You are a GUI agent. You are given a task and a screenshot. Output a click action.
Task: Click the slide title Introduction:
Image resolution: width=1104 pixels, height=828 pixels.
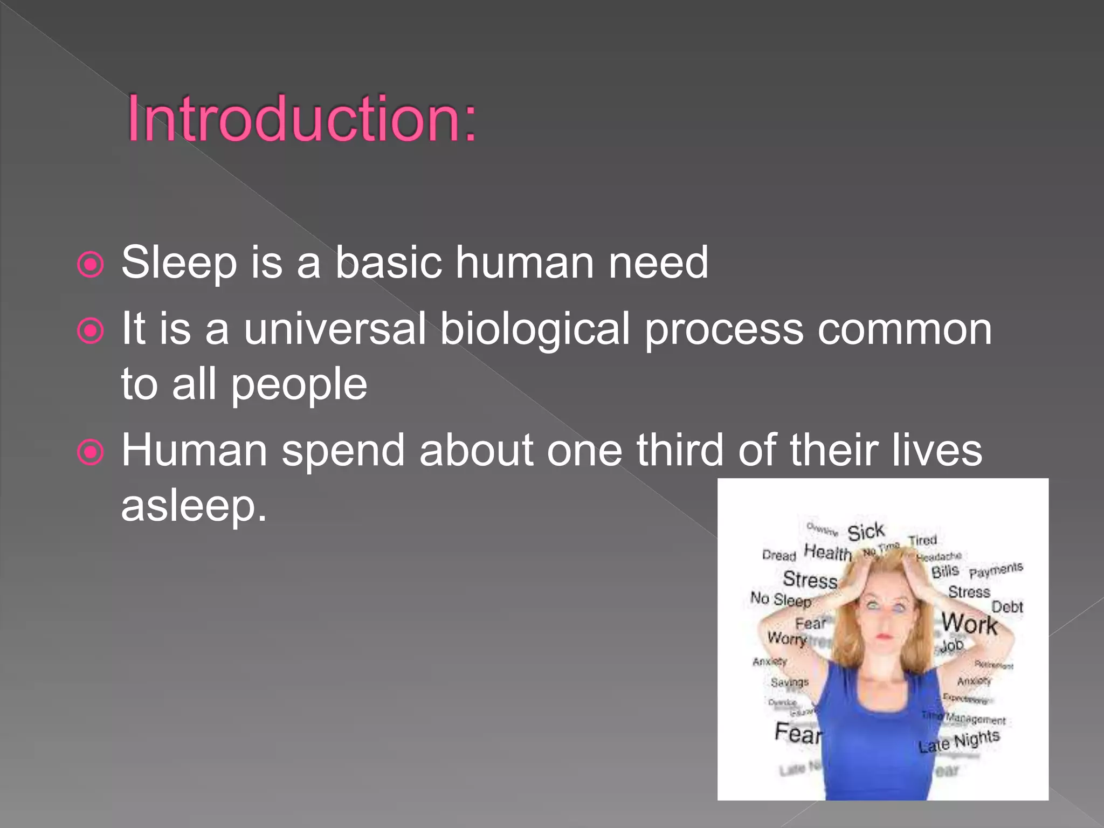(x=302, y=119)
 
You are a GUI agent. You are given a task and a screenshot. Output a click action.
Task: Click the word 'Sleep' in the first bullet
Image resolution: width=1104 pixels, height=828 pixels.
(x=179, y=263)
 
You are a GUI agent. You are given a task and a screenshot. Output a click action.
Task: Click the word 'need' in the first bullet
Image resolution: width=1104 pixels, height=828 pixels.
(x=658, y=263)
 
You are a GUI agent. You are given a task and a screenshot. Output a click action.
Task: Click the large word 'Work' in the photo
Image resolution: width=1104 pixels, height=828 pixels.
(x=969, y=624)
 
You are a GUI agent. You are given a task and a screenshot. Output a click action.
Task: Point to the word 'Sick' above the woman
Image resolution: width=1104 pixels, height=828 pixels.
(x=866, y=532)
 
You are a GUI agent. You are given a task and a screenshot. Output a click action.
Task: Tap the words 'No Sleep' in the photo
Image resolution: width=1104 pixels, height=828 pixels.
(x=781, y=599)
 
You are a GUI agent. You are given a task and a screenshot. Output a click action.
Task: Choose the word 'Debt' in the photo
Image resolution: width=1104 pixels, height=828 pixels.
(x=1007, y=607)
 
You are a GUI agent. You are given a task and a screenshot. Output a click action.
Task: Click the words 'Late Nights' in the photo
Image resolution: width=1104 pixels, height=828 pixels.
(x=959, y=741)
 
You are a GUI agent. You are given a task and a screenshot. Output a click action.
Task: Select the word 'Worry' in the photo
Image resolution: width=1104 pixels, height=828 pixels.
(x=786, y=638)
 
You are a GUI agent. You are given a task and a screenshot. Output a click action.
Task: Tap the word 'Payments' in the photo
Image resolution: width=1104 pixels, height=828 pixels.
(x=996, y=570)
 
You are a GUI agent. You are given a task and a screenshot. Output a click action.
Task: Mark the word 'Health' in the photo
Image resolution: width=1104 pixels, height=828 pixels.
(x=827, y=553)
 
